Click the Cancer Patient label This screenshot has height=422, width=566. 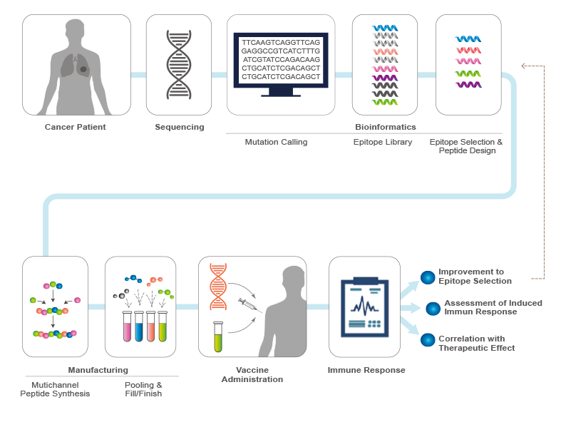click(x=76, y=128)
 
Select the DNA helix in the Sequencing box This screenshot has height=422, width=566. click(x=179, y=65)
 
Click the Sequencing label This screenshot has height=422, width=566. click(x=179, y=128)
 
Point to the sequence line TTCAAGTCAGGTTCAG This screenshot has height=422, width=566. click(x=281, y=43)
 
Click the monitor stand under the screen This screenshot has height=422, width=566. click(x=280, y=93)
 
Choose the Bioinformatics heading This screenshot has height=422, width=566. click(x=385, y=128)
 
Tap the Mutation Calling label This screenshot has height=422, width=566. click(x=276, y=142)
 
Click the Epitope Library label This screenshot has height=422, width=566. click(x=383, y=142)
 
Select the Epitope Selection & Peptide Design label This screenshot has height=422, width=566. click(x=465, y=146)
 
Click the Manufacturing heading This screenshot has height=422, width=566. click(x=98, y=370)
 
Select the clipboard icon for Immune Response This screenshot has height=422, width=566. click(x=364, y=307)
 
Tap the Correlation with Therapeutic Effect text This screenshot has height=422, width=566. click(x=477, y=343)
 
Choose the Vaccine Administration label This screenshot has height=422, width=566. click(x=252, y=374)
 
